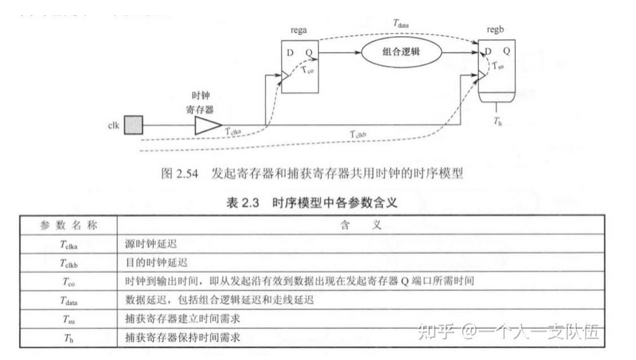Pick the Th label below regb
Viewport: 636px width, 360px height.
[498, 122]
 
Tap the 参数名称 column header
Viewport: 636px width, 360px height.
[67, 226]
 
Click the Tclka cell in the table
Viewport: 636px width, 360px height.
[68, 244]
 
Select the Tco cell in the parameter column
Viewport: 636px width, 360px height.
[68, 281]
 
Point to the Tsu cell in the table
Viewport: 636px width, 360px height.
[68, 318]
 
